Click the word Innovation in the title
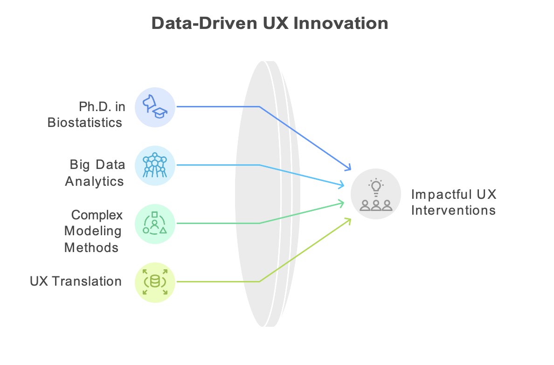pos(340,23)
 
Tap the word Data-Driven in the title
pos(204,23)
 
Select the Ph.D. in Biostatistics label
pos(86,115)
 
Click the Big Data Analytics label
pos(95,173)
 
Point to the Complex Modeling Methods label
pos(93,231)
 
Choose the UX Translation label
pos(76,281)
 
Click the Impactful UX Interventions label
pos(454,202)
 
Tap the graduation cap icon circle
pos(155,107)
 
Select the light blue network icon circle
pos(155,166)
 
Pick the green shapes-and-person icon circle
pos(155,224)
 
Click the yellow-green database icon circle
pos(155,282)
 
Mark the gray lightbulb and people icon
pos(375,194)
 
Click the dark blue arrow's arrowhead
pos(348,168)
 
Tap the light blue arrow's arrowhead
pos(341,184)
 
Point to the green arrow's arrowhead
pos(341,204)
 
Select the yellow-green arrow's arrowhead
pos(348,221)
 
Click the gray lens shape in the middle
pos(267,194)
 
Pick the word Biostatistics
pos(85,122)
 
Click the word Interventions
pos(453,210)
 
